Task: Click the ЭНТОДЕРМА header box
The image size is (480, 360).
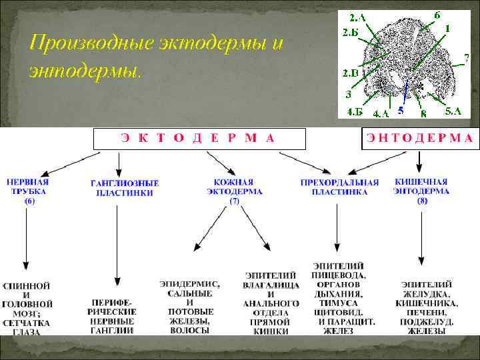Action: pos(419,138)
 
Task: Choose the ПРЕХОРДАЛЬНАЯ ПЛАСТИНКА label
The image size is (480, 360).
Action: pos(339,187)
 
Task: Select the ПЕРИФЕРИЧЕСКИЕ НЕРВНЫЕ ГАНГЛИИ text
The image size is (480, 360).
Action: pos(112,315)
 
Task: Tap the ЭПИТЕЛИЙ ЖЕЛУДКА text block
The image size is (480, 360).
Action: pos(427,307)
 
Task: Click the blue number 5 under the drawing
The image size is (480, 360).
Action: pos(400,111)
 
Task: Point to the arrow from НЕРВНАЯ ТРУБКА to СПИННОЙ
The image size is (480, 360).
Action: pos(25,240)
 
